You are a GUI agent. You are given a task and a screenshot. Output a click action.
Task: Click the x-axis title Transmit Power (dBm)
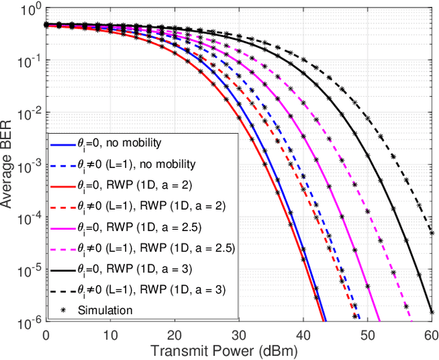coord(239,352)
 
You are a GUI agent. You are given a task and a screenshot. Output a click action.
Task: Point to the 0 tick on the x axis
coord(46,334)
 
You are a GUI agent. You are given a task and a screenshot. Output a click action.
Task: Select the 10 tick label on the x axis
coord(110,334)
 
